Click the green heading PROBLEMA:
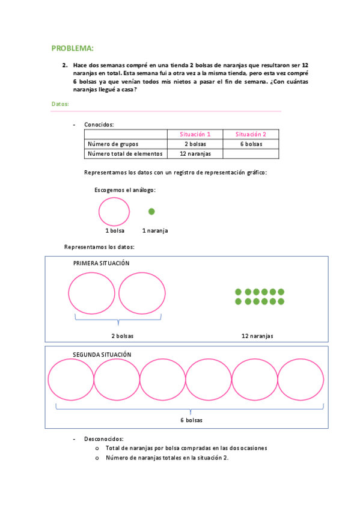coord(72,48)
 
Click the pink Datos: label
coord(60,104)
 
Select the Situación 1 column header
coord(195,134)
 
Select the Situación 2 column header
coord(251,134)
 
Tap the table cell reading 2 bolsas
coord(195,144)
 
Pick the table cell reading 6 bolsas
coord(251,144)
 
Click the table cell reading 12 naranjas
coord(195,153)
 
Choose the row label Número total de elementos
coord(125,153)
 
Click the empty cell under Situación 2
coord(251,153)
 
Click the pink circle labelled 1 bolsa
coord(114,212)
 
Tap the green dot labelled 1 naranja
coord(151,212)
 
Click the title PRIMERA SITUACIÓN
coord(101,263)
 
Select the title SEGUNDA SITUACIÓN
coord(102,355)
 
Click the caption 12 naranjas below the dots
coord(257,336)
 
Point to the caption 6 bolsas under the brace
coord(191,420)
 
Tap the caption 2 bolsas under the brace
coord(122,336)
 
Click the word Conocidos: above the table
coord(99,124)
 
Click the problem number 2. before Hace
coord(64,65)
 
